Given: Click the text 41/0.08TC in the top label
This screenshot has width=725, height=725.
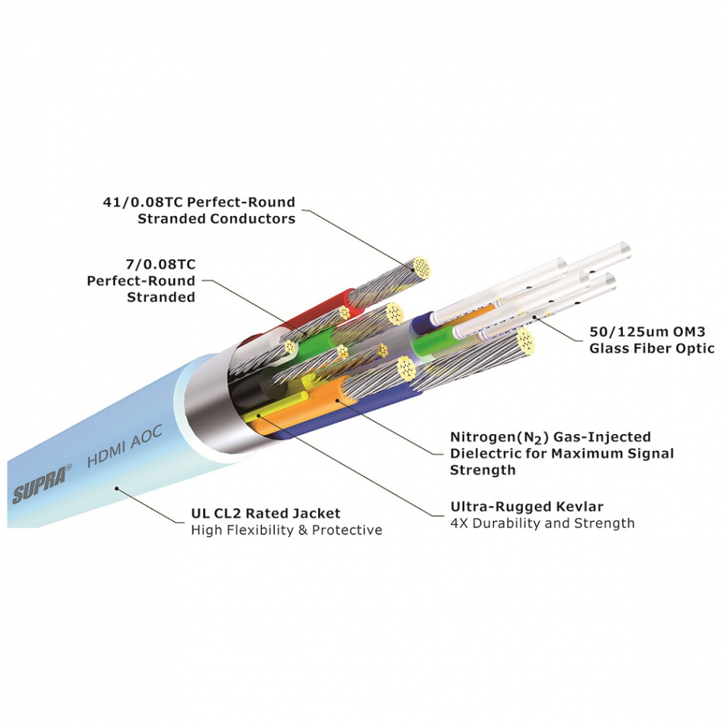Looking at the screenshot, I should [143, 203].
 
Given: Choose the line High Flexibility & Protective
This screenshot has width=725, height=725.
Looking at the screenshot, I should [286, 530].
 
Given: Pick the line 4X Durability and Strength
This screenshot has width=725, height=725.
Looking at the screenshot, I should [542, 524].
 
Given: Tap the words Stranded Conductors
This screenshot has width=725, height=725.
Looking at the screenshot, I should [216, 219].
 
